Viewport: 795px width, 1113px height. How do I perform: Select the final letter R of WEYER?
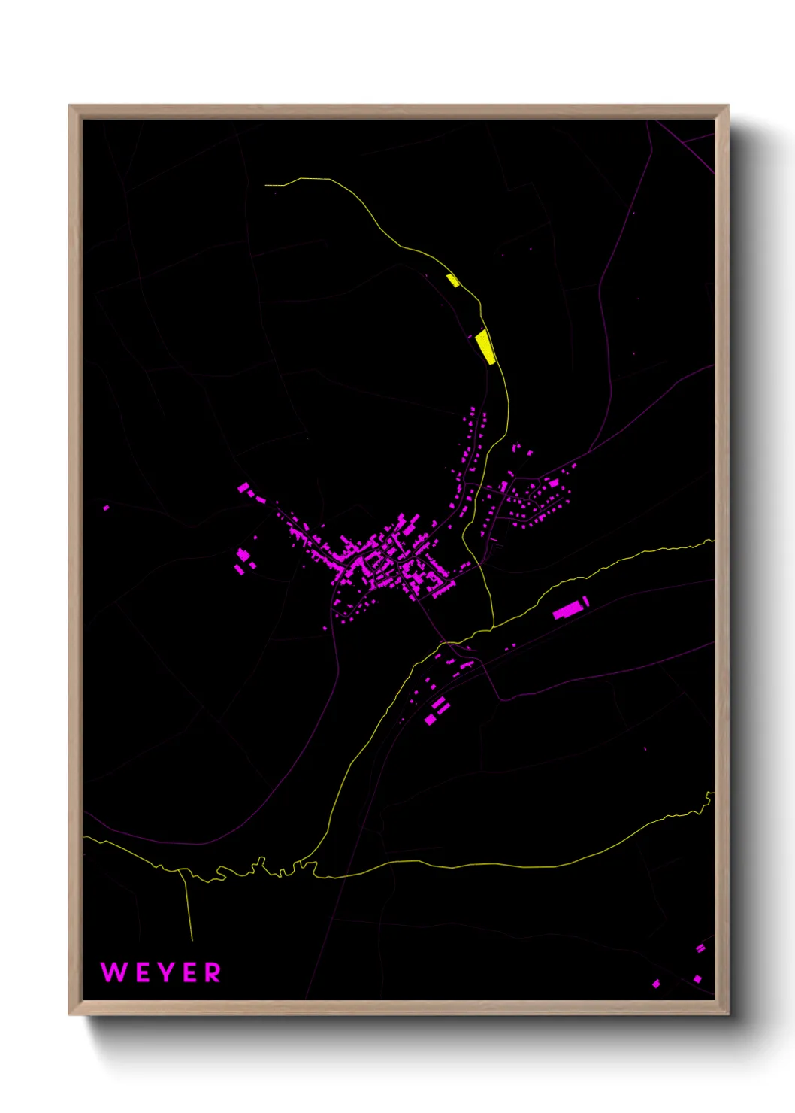tap(213, 972)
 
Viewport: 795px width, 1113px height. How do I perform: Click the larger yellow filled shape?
tap(485, 347)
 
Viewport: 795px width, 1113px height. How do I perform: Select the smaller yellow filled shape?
tap(452, 281)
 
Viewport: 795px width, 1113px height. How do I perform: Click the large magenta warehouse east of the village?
tap(568, 609)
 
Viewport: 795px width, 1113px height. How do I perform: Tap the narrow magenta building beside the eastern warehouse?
tap(586, 601)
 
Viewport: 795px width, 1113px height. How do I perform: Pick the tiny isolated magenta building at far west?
tap(106, 508)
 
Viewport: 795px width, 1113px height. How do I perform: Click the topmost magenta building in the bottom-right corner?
tap(700, 948)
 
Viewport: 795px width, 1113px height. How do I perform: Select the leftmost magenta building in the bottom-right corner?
tap(656, 984)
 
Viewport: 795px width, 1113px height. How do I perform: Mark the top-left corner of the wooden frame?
tap(70, 106)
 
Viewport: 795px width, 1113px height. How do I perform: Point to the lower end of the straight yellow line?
tap(192, 940)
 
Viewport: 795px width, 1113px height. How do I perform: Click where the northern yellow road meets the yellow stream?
tap(493, 626)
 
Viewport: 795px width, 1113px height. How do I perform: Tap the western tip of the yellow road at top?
tap(266, 184)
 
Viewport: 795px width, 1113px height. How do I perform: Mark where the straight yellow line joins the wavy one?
tap(182, 871)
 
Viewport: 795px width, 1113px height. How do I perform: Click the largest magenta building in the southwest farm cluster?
tap(243, 556)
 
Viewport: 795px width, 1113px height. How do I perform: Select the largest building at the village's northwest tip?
tap(244, 489)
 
